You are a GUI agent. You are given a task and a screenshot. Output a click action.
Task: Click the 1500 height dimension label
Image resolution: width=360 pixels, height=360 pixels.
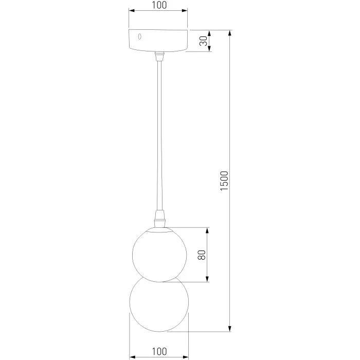(224, 181)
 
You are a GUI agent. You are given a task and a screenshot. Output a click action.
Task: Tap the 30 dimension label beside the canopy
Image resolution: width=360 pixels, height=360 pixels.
(204, 41)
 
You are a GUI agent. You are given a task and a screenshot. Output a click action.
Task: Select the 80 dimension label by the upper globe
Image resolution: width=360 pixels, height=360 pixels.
(202, 255)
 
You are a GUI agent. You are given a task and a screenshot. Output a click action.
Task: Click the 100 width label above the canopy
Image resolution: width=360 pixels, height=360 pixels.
(159, 5)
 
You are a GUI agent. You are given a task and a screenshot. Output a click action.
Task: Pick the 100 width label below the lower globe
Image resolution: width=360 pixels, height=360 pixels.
(159, 351)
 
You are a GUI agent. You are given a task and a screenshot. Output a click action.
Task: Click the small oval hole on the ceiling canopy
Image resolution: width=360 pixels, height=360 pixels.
(139, 37)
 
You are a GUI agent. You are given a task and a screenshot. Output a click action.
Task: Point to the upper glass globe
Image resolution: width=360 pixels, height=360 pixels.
(159, 255)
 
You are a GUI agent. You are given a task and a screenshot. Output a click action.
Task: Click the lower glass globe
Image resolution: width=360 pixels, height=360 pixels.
(159, 304)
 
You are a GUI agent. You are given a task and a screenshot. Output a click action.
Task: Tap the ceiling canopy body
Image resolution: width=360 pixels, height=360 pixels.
(158, 41)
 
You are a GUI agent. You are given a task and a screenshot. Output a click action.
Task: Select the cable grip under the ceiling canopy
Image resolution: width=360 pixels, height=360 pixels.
(159, 56)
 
